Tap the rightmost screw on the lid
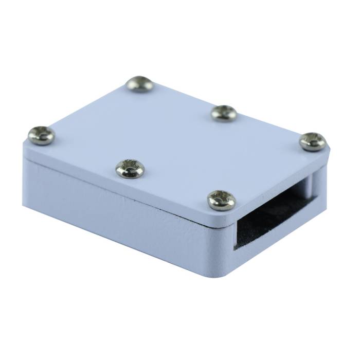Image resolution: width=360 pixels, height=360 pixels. tap(313, 141)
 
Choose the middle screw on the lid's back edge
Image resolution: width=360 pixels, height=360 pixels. tap(224, 113)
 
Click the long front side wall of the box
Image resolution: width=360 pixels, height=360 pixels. tap(123, 216)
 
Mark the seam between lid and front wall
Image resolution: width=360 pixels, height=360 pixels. tap(123, 189)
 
